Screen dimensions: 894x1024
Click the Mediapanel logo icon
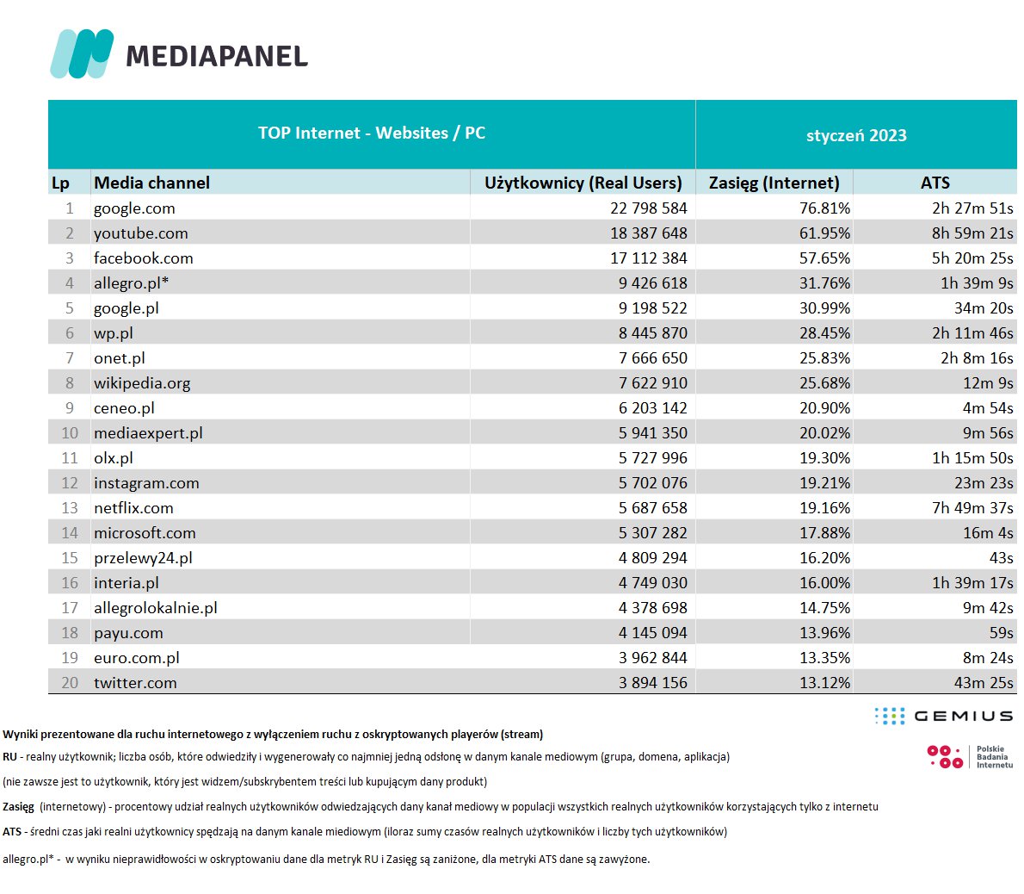pos(82,53)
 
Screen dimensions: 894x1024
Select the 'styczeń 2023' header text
pos(856,135)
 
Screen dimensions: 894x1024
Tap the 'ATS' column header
pos(935,183)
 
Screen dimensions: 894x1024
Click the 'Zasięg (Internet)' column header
pos(774,183)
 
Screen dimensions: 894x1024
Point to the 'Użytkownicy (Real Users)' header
pos(583,183)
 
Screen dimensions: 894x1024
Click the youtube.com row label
pos(140,233)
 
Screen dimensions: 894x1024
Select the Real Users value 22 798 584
pos(648,208)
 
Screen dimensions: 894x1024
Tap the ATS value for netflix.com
pos(972,508)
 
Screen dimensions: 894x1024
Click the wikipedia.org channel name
pos(142,383)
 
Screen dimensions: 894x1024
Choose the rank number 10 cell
pos(70,433)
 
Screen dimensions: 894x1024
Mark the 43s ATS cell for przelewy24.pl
pos(1001,558)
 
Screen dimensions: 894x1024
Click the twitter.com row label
pos(135,683)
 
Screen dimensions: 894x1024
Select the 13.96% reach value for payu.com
pos(824,633)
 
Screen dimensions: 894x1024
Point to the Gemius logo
pos(943,716)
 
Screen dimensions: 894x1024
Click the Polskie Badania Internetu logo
pos(969,757)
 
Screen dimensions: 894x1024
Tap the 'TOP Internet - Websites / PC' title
pos(372,133)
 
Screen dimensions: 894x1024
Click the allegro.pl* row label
pos(131,283)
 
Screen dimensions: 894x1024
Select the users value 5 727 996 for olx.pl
pos(652,458)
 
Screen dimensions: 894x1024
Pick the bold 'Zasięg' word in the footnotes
pos(18,807)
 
